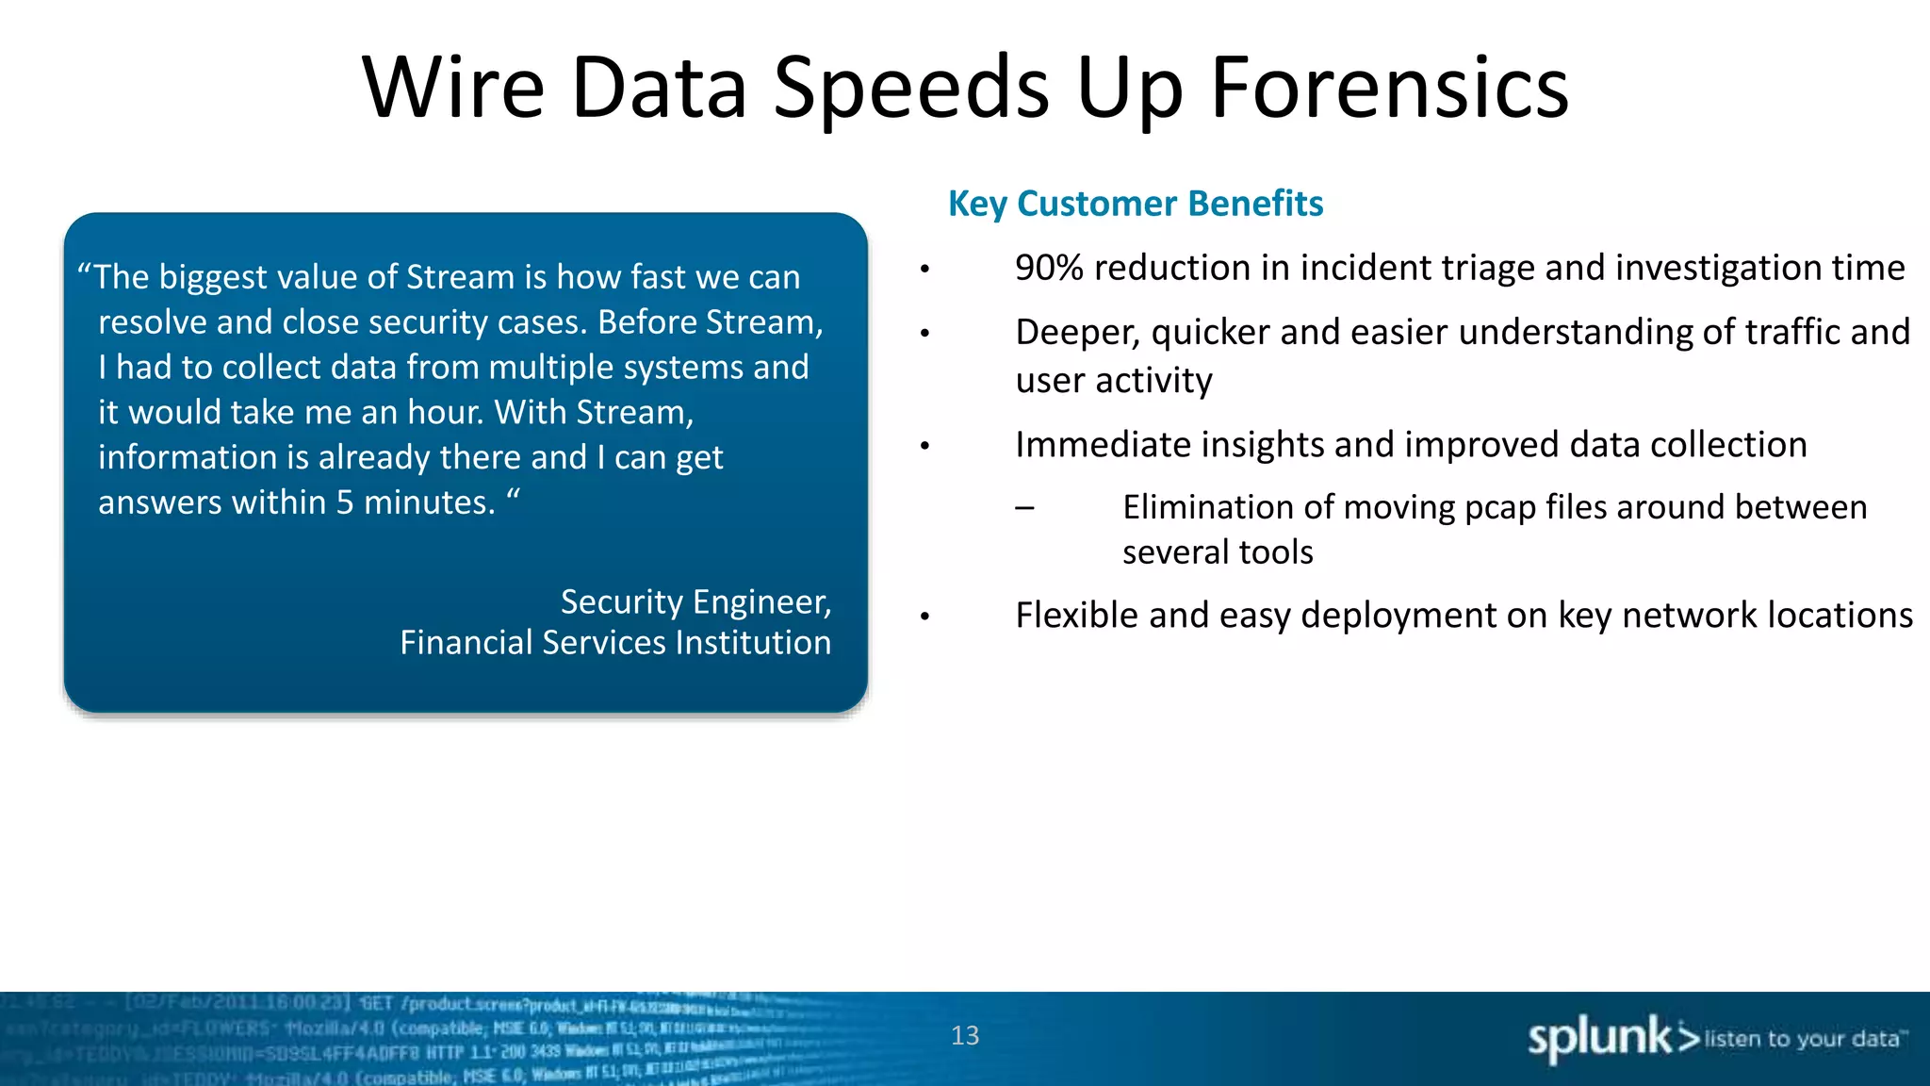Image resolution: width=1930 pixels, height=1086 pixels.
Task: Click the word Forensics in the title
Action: coord(1389,88)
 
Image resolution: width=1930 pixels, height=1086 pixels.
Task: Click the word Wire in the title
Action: coord(453,88)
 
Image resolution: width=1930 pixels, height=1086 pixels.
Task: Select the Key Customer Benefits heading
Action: coord(1136,204)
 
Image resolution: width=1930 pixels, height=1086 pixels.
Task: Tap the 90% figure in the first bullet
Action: coord(1049,269)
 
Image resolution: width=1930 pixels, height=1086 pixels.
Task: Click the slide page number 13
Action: coord(965,1036)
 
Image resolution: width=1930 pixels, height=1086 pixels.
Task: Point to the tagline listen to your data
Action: coord(1802,1039)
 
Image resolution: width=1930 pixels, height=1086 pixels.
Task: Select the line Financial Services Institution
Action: coord(615,643)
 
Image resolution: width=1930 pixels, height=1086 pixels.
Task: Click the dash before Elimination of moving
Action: coord(1025,508)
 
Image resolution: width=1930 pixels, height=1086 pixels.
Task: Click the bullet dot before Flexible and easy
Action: coord(925,617)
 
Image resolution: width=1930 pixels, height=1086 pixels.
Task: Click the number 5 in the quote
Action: coord(345,502)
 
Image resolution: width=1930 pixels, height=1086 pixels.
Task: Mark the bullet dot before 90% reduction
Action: coord(925,271)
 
